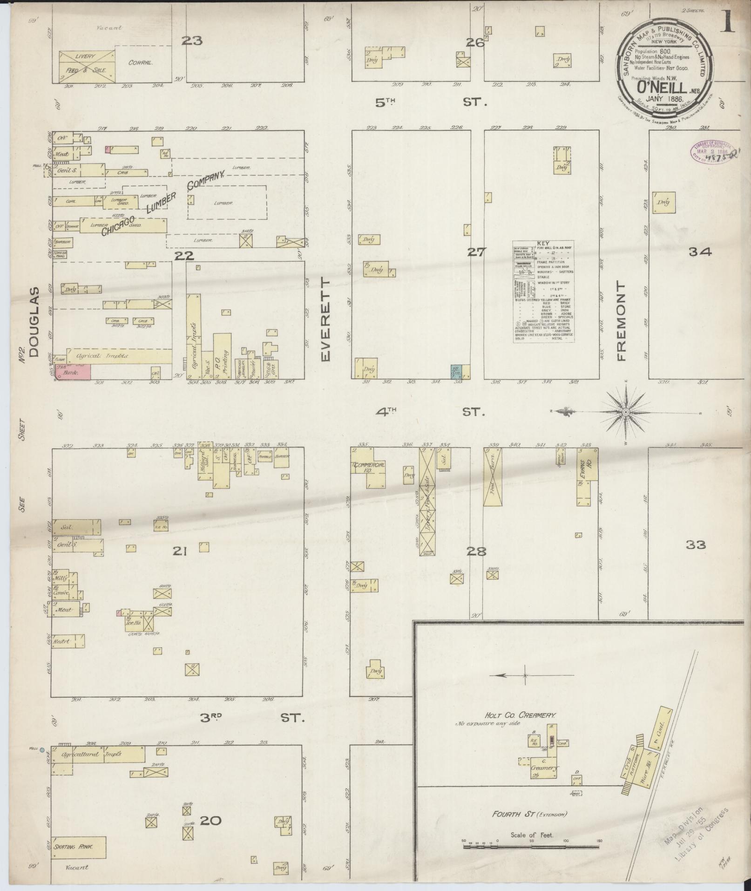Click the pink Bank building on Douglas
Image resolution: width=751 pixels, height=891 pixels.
72,372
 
